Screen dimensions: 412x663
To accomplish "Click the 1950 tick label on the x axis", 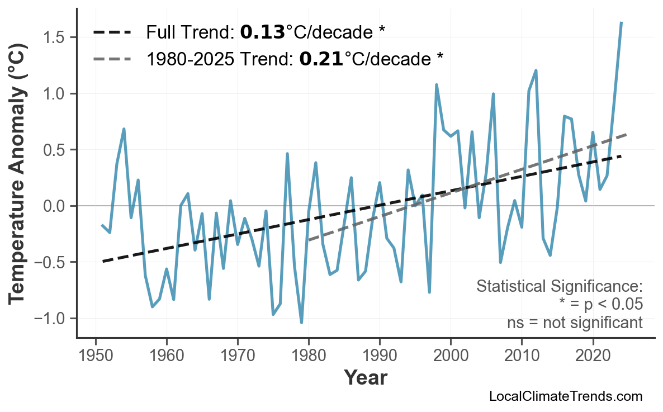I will [x=96, y=356].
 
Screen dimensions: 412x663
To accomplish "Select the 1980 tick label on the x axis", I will [x=309, y=356].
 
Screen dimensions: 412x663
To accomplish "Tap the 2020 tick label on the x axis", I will [x=593, y=356].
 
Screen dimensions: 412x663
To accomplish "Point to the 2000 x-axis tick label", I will [x=451, y=356].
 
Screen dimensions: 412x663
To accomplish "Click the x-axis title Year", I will [x=365, y=378].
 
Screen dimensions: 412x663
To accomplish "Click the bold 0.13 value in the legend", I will [x=262, y=32].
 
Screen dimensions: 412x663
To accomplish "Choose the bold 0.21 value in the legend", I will [x=321, y=58].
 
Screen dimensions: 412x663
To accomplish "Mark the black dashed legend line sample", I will [x=112, y=32].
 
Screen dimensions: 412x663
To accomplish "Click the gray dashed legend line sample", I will [x=112, y=58].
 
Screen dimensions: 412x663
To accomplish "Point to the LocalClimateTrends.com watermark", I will [x=565, y=396].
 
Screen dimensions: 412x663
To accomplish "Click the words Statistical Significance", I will [x=559, y=287].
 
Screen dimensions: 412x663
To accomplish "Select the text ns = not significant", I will [x=574, y=323].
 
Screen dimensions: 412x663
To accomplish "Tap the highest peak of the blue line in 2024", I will [x=621, y=23].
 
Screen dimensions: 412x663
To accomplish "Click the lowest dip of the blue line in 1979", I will [x=301, y=323].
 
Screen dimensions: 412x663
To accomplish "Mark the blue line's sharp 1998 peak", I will [x=436, y=85].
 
